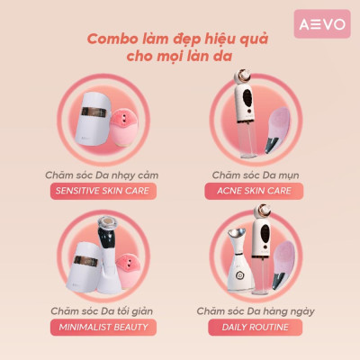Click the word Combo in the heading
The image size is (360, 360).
pyautogui.click(x=113, y=40)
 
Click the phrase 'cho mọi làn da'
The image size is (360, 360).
pyautogui.click(x=180, y=58)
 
